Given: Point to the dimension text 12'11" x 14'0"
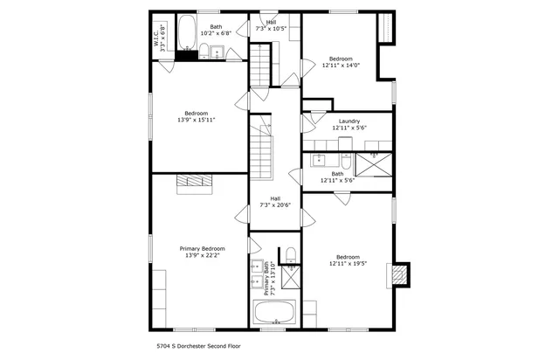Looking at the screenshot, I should pos(341,65).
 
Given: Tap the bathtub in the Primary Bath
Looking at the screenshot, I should pos(274,313).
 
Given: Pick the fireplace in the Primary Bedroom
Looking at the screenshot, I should pos(189,182).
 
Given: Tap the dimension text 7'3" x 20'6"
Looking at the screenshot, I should pos(275,205).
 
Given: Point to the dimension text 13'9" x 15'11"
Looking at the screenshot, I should pos(197,120).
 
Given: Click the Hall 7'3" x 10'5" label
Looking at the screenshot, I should pos(271,25).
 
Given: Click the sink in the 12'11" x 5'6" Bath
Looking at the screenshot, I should pos(320,160).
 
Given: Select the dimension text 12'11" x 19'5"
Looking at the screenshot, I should pos(349,263).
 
